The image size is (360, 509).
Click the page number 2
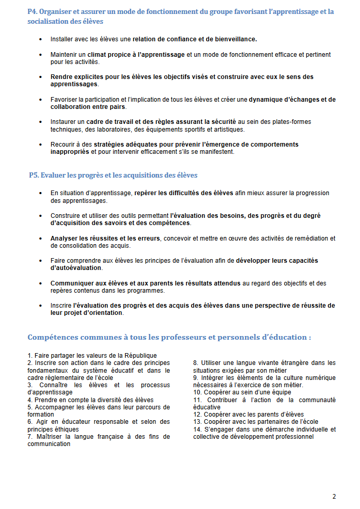point(334,497)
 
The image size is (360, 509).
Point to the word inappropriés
point(70,152)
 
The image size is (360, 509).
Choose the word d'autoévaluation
point(76,268)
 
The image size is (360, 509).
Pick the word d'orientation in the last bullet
point(102,313)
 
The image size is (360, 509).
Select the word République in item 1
point(138,355)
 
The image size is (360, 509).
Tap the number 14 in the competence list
point(197,429)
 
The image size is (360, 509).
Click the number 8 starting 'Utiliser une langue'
point(196,363)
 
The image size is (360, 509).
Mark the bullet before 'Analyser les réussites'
point(41,238)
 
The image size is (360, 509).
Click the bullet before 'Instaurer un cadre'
point(41,122)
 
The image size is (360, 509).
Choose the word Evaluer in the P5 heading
point(53,176)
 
